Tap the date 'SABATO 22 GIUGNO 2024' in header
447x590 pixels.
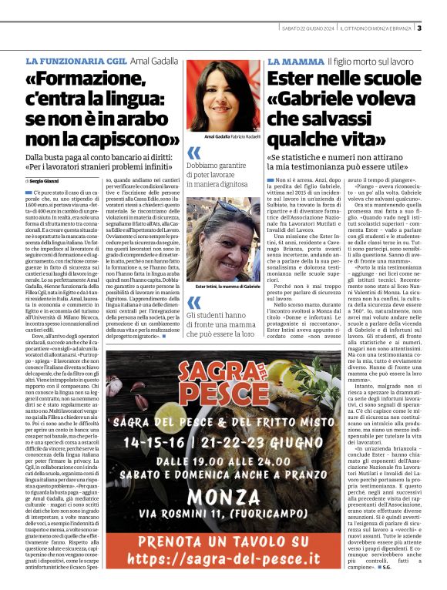[309, 29]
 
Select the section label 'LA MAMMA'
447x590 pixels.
[295, 60]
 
